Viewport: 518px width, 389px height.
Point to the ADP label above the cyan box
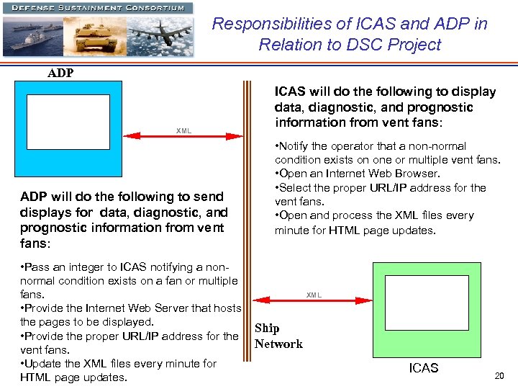coord(60,73)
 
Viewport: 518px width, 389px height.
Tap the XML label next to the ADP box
coord(183,130)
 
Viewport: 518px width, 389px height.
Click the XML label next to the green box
coord(314,295)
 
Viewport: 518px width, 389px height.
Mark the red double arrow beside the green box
coord(314,301)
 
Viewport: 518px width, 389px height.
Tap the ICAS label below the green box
coord(423,368)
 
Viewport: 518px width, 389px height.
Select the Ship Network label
coord(278,336)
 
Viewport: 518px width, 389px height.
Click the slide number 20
coord(499,376)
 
